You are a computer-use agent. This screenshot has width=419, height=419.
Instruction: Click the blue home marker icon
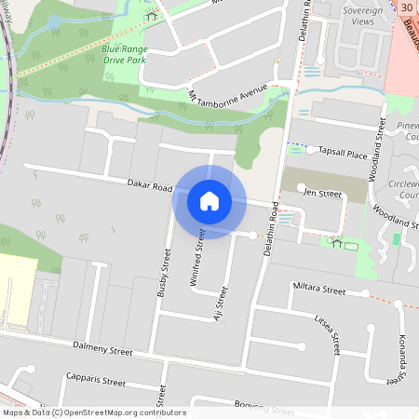click(209, 201)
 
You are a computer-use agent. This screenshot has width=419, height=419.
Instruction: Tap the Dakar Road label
click(150, 186)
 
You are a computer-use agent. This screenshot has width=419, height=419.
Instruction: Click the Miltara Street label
click(318, 291)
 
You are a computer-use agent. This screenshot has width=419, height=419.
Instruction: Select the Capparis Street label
click(95, 381)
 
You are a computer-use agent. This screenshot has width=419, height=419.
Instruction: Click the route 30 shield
click(407, 7)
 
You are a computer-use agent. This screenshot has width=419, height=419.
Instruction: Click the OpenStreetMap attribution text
click(94, 412)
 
